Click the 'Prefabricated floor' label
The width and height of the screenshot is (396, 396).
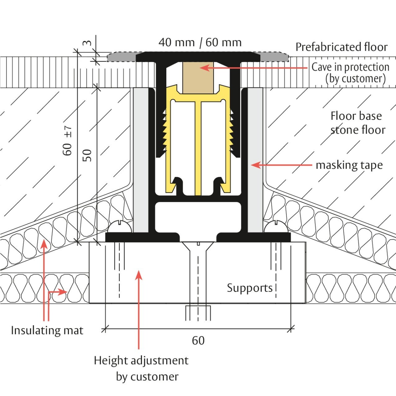click(x=341, y=47)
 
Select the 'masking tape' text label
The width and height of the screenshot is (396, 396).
click(x=349, y=165)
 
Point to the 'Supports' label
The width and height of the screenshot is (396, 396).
click(x=250, y=288)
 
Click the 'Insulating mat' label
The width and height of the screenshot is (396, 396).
click(x=47, y=330)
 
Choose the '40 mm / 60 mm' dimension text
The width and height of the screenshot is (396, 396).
click(x=200, y=43)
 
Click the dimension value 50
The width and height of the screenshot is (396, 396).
click(x=87, y=155)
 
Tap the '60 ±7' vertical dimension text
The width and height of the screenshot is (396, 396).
click(x=67, y=141)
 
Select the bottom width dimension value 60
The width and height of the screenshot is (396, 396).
click(x=198, y=341)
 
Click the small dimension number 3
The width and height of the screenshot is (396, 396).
click(x=86, y=43)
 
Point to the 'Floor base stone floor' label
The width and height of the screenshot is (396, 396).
click(x=357, y=123)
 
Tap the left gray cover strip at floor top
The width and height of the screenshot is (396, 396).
click(x=121, y=57)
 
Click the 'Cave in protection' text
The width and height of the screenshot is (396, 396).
click(x=350, y=67)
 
